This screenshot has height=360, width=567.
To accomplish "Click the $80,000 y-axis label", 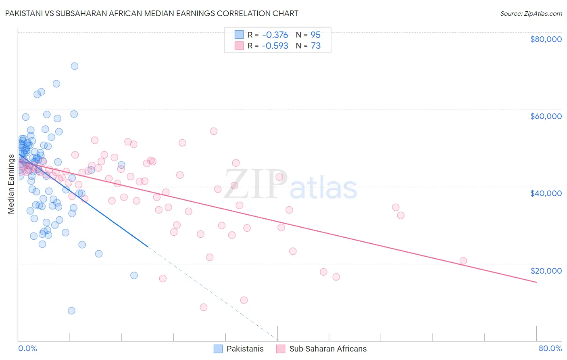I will (546, 39).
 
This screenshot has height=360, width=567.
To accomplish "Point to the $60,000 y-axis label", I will (546, 116).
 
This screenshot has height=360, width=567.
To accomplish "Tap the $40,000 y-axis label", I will (546, 193).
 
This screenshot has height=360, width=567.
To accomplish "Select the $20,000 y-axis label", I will (546, 271).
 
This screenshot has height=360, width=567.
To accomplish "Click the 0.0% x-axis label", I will (27, 349).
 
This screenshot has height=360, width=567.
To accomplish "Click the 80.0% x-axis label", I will (550, 349).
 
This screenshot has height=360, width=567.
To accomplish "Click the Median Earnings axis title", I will (11, 184).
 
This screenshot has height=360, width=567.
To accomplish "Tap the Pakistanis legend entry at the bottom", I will (245, 349).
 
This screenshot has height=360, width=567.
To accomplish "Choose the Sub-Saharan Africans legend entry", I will (328, 349).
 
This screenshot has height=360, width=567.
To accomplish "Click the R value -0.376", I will (275, 35).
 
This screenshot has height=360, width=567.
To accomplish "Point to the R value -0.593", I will (275, 46).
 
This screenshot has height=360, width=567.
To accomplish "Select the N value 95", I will (315, 35).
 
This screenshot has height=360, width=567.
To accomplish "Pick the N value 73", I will (315, 46).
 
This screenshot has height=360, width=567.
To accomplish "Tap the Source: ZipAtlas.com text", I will (531, 14).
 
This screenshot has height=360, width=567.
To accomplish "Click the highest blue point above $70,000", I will (75, 66).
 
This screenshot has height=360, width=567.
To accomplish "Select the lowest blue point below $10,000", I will (71, 311).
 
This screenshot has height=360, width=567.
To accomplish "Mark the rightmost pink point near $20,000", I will (463, 261).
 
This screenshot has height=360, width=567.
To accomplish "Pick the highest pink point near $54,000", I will (214, 131).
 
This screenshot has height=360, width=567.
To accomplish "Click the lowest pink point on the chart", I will (204, 307).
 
